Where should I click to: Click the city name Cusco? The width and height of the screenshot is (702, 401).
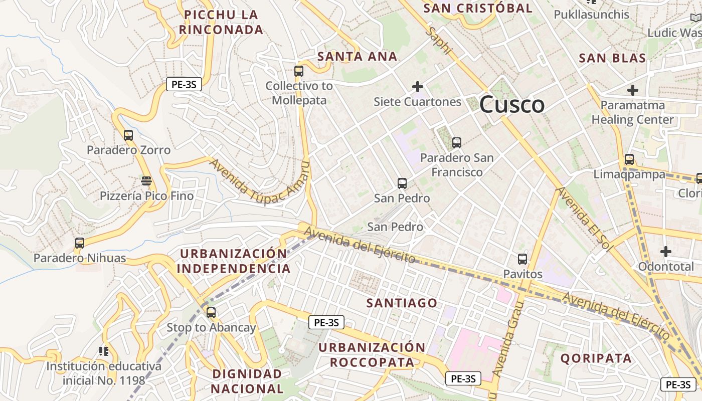pos(511,104)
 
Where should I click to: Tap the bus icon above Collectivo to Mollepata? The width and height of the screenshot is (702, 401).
pos(299,71)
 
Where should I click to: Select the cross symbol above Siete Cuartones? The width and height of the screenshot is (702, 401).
pos(417,87)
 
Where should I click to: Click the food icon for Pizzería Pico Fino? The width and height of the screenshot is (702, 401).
pos(146,180)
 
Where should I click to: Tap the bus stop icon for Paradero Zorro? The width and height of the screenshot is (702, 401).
pos(128,135)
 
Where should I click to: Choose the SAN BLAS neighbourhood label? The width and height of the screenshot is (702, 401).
pos(612,58)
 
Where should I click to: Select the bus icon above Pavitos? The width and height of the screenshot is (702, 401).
pos(522,259)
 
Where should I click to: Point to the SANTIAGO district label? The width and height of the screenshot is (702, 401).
pos(402,303)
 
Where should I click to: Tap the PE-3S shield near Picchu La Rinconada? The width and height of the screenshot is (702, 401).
pos(184,85)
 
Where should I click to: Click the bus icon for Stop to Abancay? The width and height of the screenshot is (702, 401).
pos(211,313)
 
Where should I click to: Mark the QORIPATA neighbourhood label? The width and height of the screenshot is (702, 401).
pos(596,358)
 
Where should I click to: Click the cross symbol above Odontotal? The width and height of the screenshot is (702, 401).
pos(666,251)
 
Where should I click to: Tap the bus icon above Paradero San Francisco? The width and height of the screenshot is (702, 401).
pos(456,143)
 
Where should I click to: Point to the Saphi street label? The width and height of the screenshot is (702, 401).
pos(439,41)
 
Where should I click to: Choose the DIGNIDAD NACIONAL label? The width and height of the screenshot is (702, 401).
pos(247,381)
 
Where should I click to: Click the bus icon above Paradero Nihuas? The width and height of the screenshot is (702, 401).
pos(80,243)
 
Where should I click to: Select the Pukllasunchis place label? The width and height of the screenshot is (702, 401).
pos(591,15)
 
